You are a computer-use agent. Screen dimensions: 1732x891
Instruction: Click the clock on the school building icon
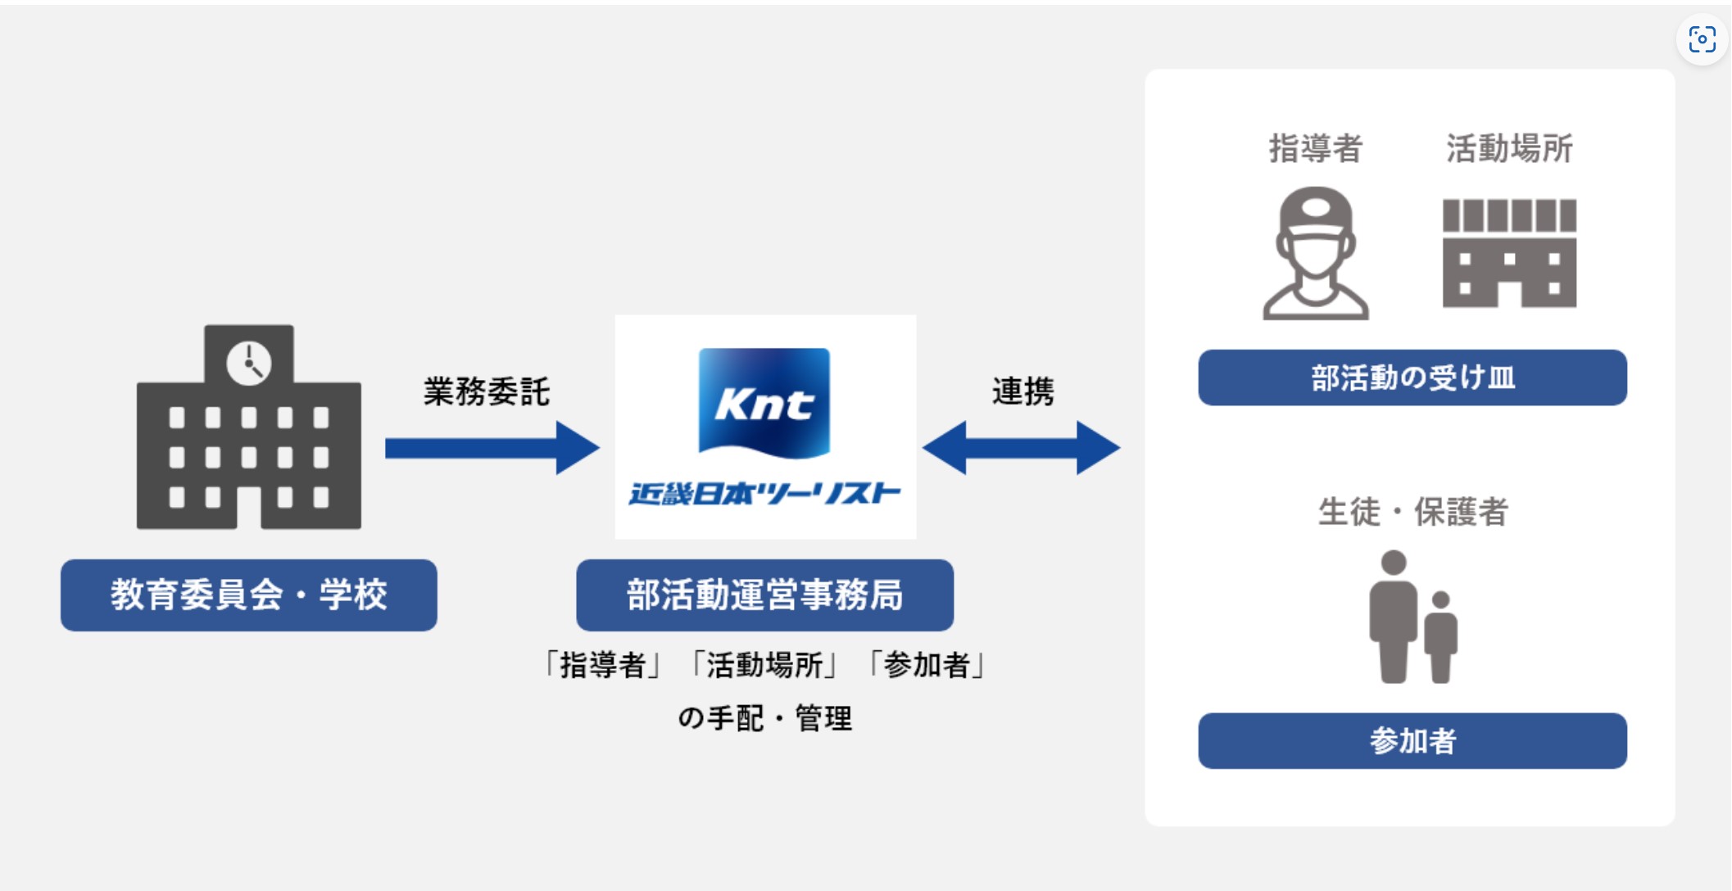tap(248, 363)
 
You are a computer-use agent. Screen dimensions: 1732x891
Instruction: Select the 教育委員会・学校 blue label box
tap(248, 595)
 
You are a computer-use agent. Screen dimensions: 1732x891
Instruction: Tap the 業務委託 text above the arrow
tap(486, 391)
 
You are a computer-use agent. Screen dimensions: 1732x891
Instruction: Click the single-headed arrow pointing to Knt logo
tap(492, 447)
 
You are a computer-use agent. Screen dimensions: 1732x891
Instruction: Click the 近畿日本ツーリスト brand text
tap(764, 494)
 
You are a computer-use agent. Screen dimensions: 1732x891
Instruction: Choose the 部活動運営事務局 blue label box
tap(764, 595)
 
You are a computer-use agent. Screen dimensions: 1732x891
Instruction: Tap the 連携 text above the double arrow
tap(1022, 391)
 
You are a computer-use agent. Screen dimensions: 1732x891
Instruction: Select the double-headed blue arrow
tap(1021, 447)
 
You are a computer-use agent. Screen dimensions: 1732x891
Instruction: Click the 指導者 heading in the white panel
tap(1315, 148)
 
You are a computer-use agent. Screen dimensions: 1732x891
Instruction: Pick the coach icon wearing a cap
tap(1315, 253)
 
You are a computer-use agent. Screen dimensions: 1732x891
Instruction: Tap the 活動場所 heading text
tap(1509, 148)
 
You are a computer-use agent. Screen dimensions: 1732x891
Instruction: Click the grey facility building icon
tap(1509, 253)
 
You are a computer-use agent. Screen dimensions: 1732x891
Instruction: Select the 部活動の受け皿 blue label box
tap(1412, 378)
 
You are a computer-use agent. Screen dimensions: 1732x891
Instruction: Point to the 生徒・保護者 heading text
tap(1412, 512)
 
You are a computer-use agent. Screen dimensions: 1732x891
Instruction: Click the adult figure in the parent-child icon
tap(1393, 617)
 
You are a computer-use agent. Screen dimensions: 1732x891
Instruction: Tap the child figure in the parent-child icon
tap(1441, 637)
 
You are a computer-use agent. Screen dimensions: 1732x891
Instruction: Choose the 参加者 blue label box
tap(1412, 740)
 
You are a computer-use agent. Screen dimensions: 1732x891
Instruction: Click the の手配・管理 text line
tap(764, 718)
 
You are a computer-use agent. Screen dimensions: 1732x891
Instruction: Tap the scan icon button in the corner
tap(1702, 38)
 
